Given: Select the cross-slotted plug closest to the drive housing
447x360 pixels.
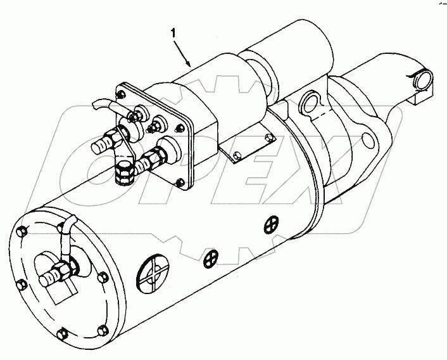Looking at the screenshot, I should pyautogui.click(x=272, y=222).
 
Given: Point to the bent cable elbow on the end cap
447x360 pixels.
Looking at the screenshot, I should pyautogui.click(x=68, y=224).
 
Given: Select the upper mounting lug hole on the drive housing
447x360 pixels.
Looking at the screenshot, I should pyautogui.click(x=310, y=101).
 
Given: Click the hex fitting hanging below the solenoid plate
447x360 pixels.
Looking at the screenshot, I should pyautogui.click(x=124, y=171).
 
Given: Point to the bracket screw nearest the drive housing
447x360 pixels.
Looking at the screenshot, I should pyautogui.click(x=268, y=137).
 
